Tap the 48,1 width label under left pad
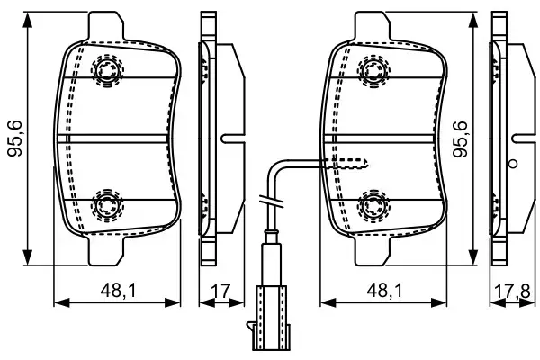(x=118, y=291)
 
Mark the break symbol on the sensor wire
(x=267, y=200)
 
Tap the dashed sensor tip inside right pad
(x=351, y=163)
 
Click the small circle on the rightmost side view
(x=512, y=164)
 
